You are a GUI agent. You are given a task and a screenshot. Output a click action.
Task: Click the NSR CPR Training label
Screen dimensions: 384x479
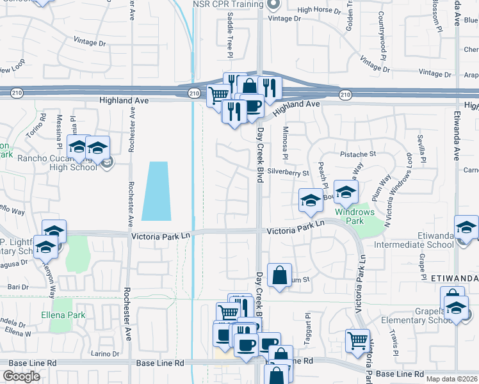coord(227,4)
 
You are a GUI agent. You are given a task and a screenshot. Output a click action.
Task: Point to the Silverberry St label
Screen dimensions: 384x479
coord(288,172)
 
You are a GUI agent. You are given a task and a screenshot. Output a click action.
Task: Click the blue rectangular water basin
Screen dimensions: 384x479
coord(156,190)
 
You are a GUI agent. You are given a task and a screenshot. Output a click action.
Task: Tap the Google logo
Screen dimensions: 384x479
coord(21,376)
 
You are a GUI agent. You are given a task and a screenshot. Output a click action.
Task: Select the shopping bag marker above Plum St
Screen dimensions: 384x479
coord(279,276)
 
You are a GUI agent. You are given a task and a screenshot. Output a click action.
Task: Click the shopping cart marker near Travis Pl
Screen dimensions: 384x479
coord(358,341)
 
